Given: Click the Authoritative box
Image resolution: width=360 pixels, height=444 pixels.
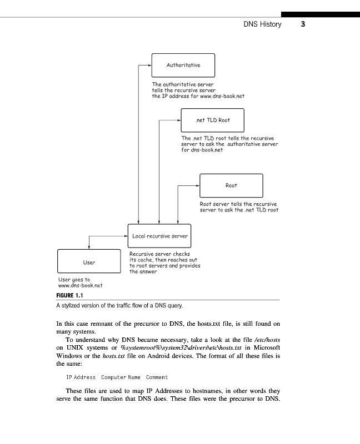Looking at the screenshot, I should pyautogui.click(x=183, y=65).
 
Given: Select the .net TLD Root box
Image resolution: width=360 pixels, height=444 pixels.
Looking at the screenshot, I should pyautogui.click(x=213, y=120).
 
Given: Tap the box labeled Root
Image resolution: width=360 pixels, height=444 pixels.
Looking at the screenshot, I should pyautogui.click(x=231, y=185).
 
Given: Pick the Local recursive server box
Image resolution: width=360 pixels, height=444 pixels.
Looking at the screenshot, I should pyautogui.click(x=159, y=236).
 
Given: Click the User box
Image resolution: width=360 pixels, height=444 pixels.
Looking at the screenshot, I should pyautogui.click(x=89, y=262).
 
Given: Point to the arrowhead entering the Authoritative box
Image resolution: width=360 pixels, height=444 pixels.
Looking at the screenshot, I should pyautogui.click(x=149, y=65).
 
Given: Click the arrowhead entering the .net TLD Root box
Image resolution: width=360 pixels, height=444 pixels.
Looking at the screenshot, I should pyautogui.click(x=179, y=120).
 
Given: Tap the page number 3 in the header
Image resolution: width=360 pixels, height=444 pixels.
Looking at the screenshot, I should pyautogui.click(x=303, y=24).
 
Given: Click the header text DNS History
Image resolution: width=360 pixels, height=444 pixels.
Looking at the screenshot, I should pyautogui.click(x=262, y=24).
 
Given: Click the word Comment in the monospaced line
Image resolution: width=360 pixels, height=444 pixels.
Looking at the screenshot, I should pyautogui.click(x=157, y=377).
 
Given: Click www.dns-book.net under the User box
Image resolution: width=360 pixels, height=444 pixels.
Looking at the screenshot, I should pyautogui.click(x=80, y=286).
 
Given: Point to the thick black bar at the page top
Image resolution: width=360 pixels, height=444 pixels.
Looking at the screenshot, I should pyautogui.click(x=320, y=14).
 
